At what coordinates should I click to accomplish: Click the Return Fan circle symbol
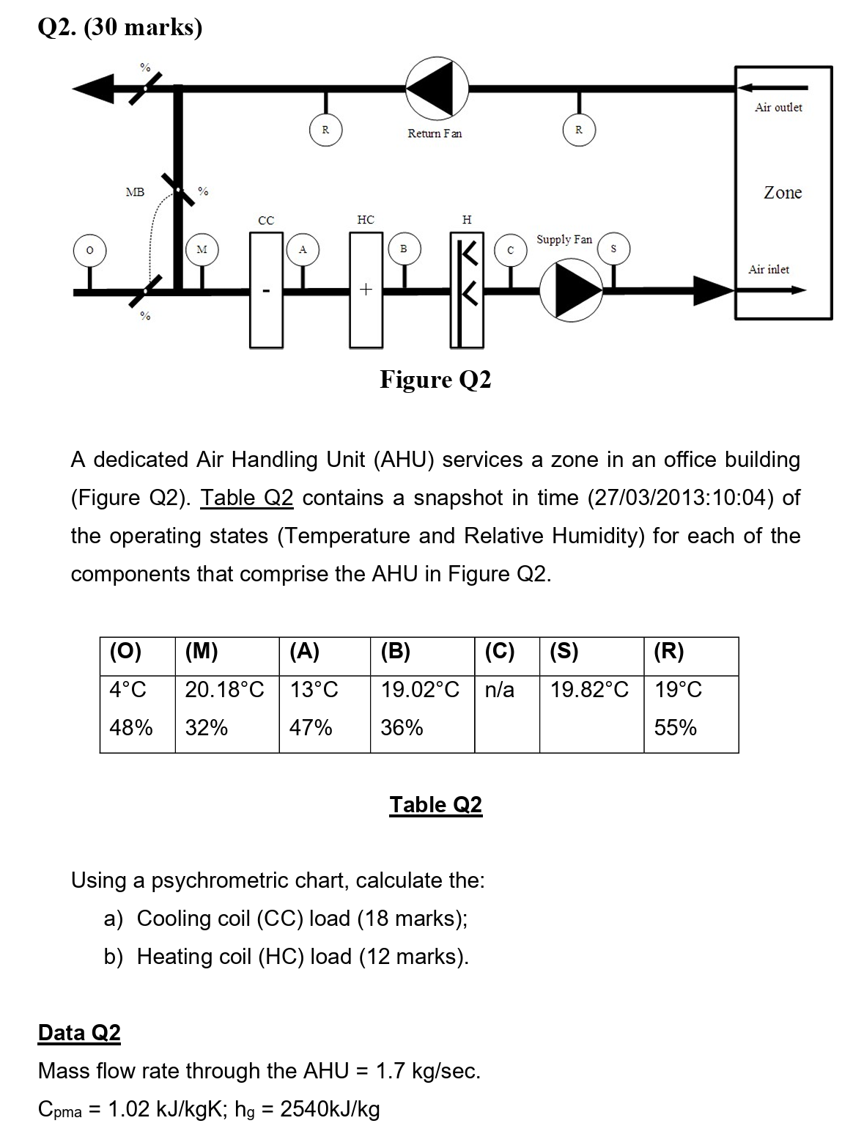tap(437, 87)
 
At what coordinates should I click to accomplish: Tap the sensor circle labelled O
tap(89, 250)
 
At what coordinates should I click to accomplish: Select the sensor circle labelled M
tap(202, 250)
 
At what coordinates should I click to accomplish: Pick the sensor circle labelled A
tap(302, 249)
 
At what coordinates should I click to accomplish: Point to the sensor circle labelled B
tap(403, 249)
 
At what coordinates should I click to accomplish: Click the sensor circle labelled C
tap(511, 250)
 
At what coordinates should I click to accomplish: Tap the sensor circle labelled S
tap(613, 249)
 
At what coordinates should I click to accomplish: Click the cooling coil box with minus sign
tap(266, 290)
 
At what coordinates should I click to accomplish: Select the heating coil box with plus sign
tap(366, 290)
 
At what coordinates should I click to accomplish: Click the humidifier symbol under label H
tap(467, 290)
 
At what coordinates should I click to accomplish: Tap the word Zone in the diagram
tap(783, 193)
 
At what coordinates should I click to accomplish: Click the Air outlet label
tap(778, 108)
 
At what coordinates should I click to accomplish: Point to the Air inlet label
tap(769, 270)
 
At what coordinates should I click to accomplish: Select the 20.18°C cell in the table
tap(224, 690)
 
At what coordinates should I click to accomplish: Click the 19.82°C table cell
tap(590, 690)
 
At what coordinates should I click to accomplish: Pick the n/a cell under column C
tap(500, 690)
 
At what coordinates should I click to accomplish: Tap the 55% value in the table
tap(676, 728)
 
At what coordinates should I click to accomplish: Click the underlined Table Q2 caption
tap(436, 805)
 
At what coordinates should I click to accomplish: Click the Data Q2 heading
tap(79, 1033)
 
